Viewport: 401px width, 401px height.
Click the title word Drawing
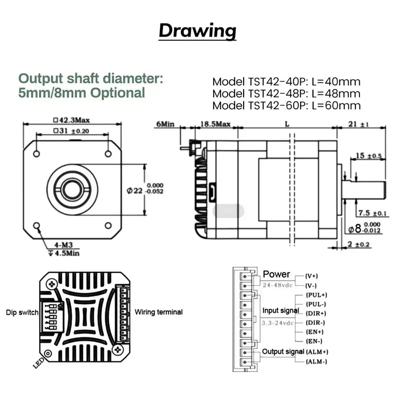pos(197,31)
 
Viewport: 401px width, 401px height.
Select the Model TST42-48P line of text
pos(286,94)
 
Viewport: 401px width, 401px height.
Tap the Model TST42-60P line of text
pos(286,106)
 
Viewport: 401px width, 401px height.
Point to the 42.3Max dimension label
pos(72,120)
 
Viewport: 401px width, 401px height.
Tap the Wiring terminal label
pos(158,312)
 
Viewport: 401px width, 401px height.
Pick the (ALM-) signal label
pos(316,361)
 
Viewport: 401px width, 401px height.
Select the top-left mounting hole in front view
pos(37,152)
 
